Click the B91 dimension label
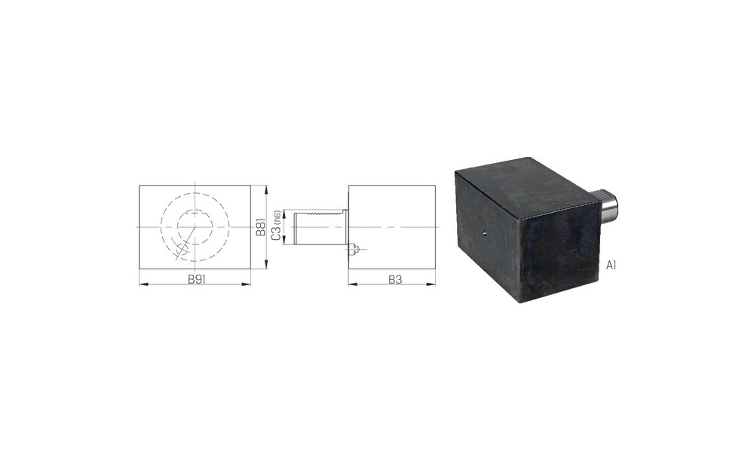197,280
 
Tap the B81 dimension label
261,226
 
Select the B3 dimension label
395,280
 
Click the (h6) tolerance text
277,217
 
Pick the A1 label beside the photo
611,265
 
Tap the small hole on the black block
484,233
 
